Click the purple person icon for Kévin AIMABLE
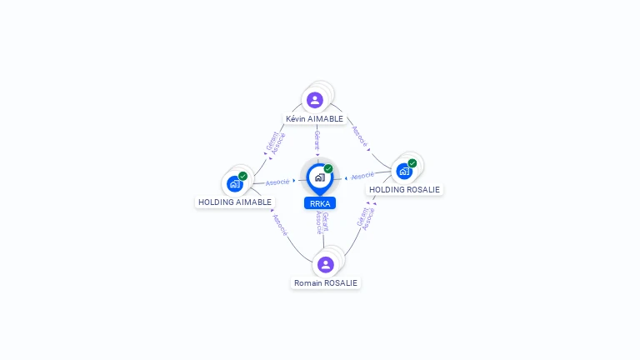click(x=315, y=100)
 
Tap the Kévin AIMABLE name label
click(x=314, y=119)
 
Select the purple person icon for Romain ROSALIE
click(x=326, y=264)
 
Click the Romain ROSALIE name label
click(x=326, y=282)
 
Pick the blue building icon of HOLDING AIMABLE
click(x=235, y=184)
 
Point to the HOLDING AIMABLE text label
click(x=235, y=202)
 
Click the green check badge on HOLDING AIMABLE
click(x=242, y=176)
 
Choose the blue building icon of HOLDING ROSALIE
click(x=404, y=172)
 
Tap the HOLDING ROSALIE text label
click(x=404, y=190)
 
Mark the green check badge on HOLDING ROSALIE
click(x=412, y=163)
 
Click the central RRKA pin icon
click(x=320, y=179)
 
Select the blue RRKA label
click(x=320, y=203)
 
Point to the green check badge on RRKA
click(x=328, y=168)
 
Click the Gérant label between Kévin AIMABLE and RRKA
click(x=317, y=140)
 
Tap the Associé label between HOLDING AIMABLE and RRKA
click(x=277, y=182)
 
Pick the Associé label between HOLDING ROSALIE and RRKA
click(x=362, y=176)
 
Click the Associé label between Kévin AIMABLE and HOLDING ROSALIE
click(x=360, y=137)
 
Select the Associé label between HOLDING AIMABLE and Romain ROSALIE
click(x=280, y=225)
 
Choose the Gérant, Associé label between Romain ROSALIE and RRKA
click(x=322, y=222)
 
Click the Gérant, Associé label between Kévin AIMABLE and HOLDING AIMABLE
click(x=276, y=142)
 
